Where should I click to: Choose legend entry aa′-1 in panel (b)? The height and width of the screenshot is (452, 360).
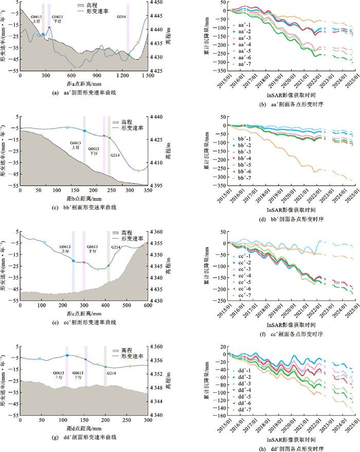(x=242, y=24)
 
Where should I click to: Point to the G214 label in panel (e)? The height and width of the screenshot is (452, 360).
(x=117, y=247)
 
